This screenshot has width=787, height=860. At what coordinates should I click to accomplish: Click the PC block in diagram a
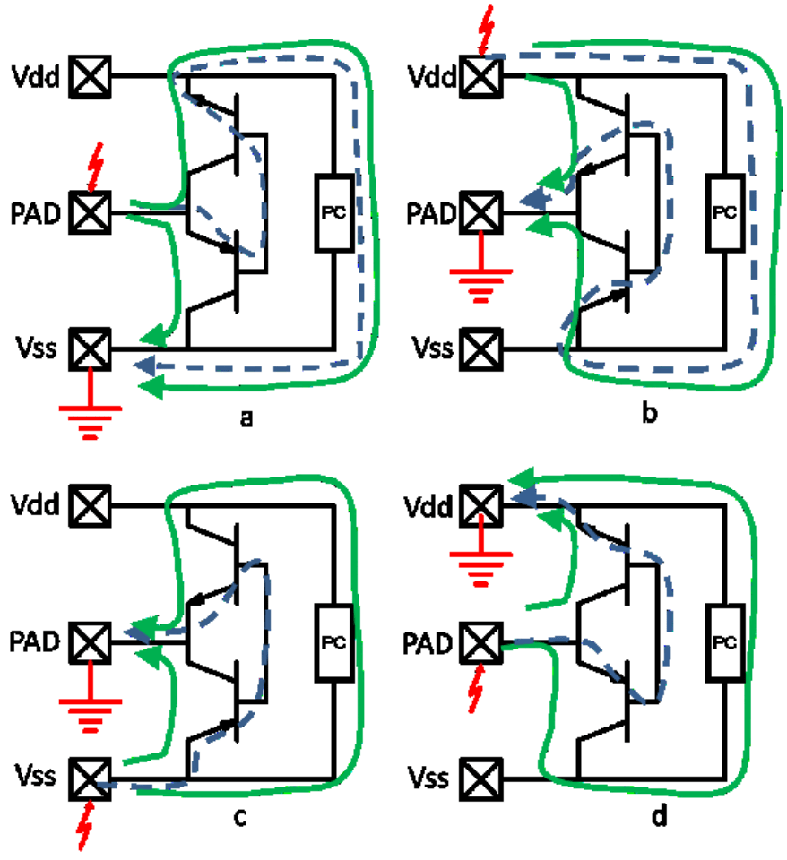333,212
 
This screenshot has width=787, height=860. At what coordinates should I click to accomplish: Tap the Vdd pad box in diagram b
481,77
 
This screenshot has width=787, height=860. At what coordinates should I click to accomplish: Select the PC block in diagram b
724,212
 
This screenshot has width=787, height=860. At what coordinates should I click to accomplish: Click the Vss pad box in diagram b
481,346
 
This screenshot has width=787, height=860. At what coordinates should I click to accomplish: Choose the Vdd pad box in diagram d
481,506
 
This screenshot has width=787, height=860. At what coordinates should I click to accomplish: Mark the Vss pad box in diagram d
481,775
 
